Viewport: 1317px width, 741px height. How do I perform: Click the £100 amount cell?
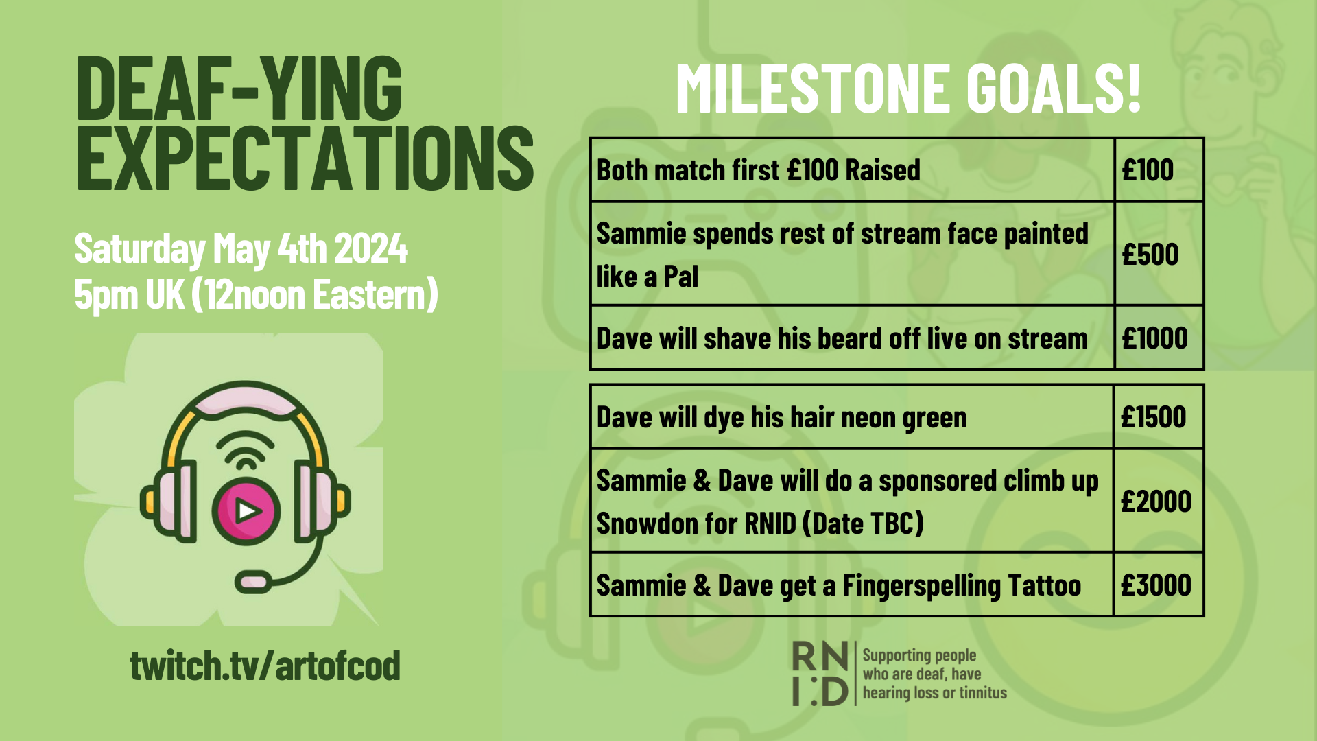1159,169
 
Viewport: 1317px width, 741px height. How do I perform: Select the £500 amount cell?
1159,254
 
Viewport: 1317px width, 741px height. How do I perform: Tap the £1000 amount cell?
1159,338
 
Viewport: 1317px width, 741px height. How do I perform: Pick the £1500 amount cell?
1159,417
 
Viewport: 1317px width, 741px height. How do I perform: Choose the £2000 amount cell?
1159,501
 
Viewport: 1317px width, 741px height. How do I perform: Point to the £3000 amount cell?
1159,585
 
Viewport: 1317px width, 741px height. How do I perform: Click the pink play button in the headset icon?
246,510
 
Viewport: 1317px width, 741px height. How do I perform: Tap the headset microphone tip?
253,581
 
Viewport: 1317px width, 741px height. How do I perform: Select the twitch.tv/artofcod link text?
265,665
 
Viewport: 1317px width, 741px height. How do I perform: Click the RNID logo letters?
820,674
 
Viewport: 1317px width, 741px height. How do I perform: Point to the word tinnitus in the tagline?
983,693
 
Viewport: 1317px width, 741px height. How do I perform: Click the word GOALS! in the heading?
1054,88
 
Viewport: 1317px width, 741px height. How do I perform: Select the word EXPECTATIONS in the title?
305,158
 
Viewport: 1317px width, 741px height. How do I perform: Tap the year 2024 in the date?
371,248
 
